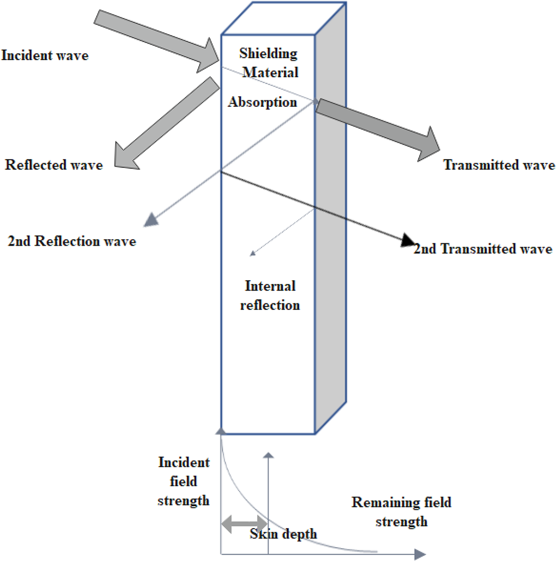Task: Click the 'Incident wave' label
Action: click(45, 55)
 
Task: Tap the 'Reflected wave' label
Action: click(54, 165)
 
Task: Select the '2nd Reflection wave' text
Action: click(71, 241)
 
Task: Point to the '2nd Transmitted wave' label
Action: click(483, 249)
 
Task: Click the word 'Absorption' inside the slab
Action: click(262, 102)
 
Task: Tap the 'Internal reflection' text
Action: click(270, 295)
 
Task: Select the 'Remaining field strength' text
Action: click(402, 512)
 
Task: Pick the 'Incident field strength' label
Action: click(184, 481)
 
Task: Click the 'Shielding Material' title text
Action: click(269, 63)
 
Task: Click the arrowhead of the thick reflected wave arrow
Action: click(124, 157)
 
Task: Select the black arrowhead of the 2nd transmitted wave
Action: click(408, 240)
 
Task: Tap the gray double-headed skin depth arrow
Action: click(244, 524)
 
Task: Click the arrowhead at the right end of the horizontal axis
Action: click(420, 554)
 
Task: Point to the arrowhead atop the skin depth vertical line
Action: click(268, 455)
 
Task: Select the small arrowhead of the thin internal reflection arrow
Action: click(253, 254)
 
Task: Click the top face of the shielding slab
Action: click(284, 19)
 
